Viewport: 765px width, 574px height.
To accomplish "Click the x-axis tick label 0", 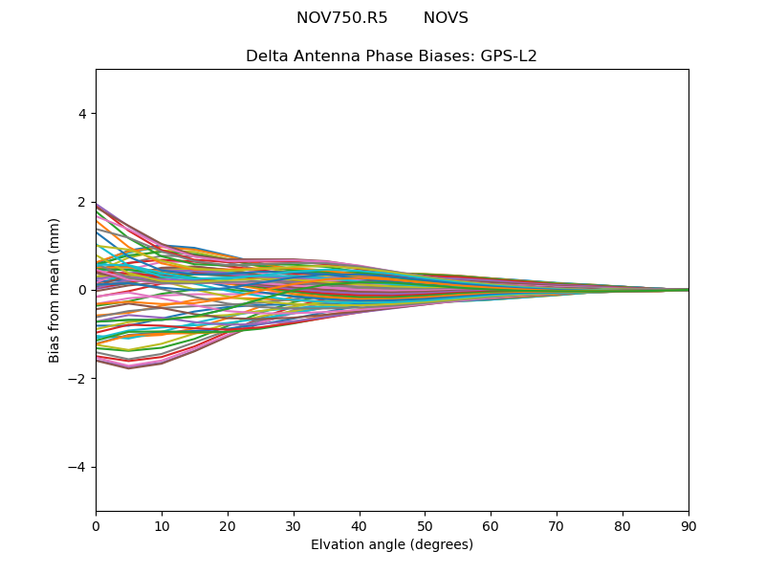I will tap(96, 525).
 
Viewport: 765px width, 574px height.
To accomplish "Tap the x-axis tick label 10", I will tap(162, 525).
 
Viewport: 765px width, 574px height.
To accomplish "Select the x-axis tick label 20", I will tap(228, 525).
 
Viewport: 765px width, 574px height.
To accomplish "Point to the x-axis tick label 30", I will tap(294, 525).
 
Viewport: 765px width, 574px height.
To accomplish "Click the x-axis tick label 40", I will tap(360, 525).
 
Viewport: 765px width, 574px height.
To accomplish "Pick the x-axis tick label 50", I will tap(425, 525).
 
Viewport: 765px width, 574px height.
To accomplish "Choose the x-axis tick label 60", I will tap(491, 525).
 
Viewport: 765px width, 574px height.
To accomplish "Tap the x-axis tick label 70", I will tap(557, 525).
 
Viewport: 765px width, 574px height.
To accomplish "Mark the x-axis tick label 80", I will tap(623, 525).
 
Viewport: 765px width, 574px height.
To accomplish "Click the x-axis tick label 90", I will tap(688, 525).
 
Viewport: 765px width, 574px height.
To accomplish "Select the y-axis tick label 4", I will tap(83, 114).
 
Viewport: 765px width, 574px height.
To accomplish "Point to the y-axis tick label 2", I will tap(83, 202).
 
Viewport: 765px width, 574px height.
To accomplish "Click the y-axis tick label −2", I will tap(79, 379).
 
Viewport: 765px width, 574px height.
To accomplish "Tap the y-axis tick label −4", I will tap(79, 467).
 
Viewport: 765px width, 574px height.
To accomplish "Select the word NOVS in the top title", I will tap(446, 18).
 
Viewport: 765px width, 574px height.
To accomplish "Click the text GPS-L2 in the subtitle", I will tap(508, 56).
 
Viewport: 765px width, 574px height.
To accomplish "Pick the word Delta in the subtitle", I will tap(266, 56).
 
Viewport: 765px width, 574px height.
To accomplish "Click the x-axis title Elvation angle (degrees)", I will tap(392, 544).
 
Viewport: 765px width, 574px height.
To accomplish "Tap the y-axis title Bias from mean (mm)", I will tap(55, 290).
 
